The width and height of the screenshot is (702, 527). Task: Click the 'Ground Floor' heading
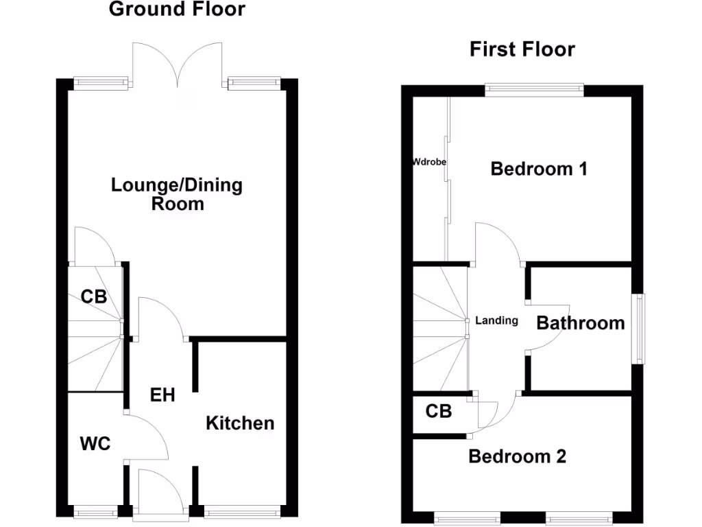tap(177, 10)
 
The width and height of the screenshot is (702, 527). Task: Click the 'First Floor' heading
tap(522, 49)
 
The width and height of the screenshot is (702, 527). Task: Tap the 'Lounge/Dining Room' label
tap(177, 194)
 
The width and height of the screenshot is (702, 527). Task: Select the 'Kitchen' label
tap(240, 423)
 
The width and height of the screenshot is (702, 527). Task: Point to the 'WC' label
tap(95, 444)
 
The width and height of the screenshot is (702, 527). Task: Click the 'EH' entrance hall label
tap(162, 395)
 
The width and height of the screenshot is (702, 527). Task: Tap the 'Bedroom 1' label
tap(539, 169)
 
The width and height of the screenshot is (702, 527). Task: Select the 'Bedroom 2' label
tap(517, 456)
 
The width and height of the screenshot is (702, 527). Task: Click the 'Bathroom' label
tap(580, 323)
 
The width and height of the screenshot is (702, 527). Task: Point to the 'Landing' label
tap(496, 320)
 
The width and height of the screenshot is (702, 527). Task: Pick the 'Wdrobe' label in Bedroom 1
tap(429, 163)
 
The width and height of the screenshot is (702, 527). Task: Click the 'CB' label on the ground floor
tap(94, 297)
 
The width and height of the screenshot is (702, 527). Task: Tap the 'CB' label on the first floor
tap(439, 411)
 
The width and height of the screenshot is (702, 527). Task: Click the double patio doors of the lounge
tap(178, 63)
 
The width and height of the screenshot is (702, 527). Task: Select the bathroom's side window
tap(638, 329)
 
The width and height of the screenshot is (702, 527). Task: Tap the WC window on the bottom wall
tap(95, 511)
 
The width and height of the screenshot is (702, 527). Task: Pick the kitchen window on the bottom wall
tap(242, 511)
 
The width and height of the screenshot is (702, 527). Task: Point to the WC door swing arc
tap(152, 436)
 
